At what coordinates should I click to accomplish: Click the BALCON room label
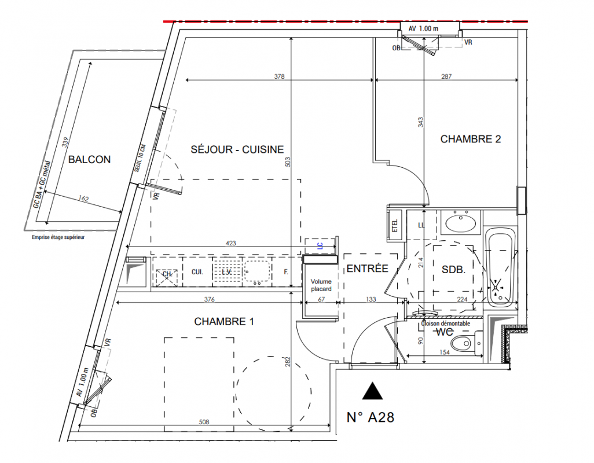(89, 160)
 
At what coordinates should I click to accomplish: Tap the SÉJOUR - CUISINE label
(237, 150)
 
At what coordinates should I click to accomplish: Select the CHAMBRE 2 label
(470, 139)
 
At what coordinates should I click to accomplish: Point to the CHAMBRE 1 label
(224, 322)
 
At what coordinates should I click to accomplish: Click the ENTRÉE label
(367, 269)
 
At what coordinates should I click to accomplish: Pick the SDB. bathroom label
(454, 270)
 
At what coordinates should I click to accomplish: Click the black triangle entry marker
(373, 392)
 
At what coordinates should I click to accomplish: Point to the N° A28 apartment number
(370, 417)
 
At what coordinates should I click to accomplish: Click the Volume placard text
(321, 285)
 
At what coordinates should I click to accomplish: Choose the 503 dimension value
(288, 163)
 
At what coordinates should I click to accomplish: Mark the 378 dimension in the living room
(279, 76)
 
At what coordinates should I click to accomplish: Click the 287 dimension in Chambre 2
(446, 76)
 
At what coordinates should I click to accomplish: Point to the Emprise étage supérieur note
(58, 237)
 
